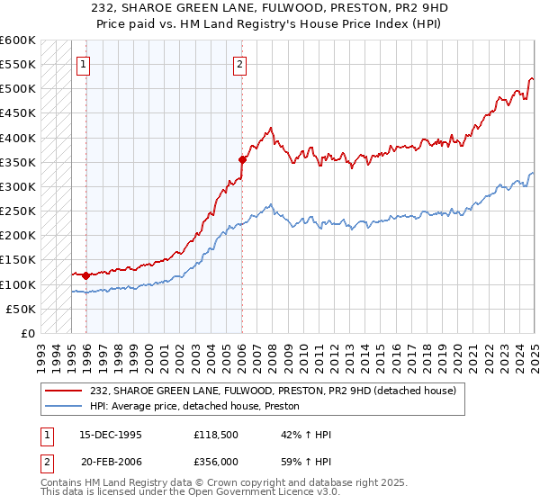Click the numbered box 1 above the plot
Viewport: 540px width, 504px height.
coord(84,64)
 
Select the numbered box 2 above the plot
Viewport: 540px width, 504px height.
coord(241,64)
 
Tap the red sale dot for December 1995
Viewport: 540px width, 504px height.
coord(85,275)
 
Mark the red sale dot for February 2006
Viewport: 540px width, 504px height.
coord(242,159)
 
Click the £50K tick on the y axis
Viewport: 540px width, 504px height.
coord(22,309)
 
